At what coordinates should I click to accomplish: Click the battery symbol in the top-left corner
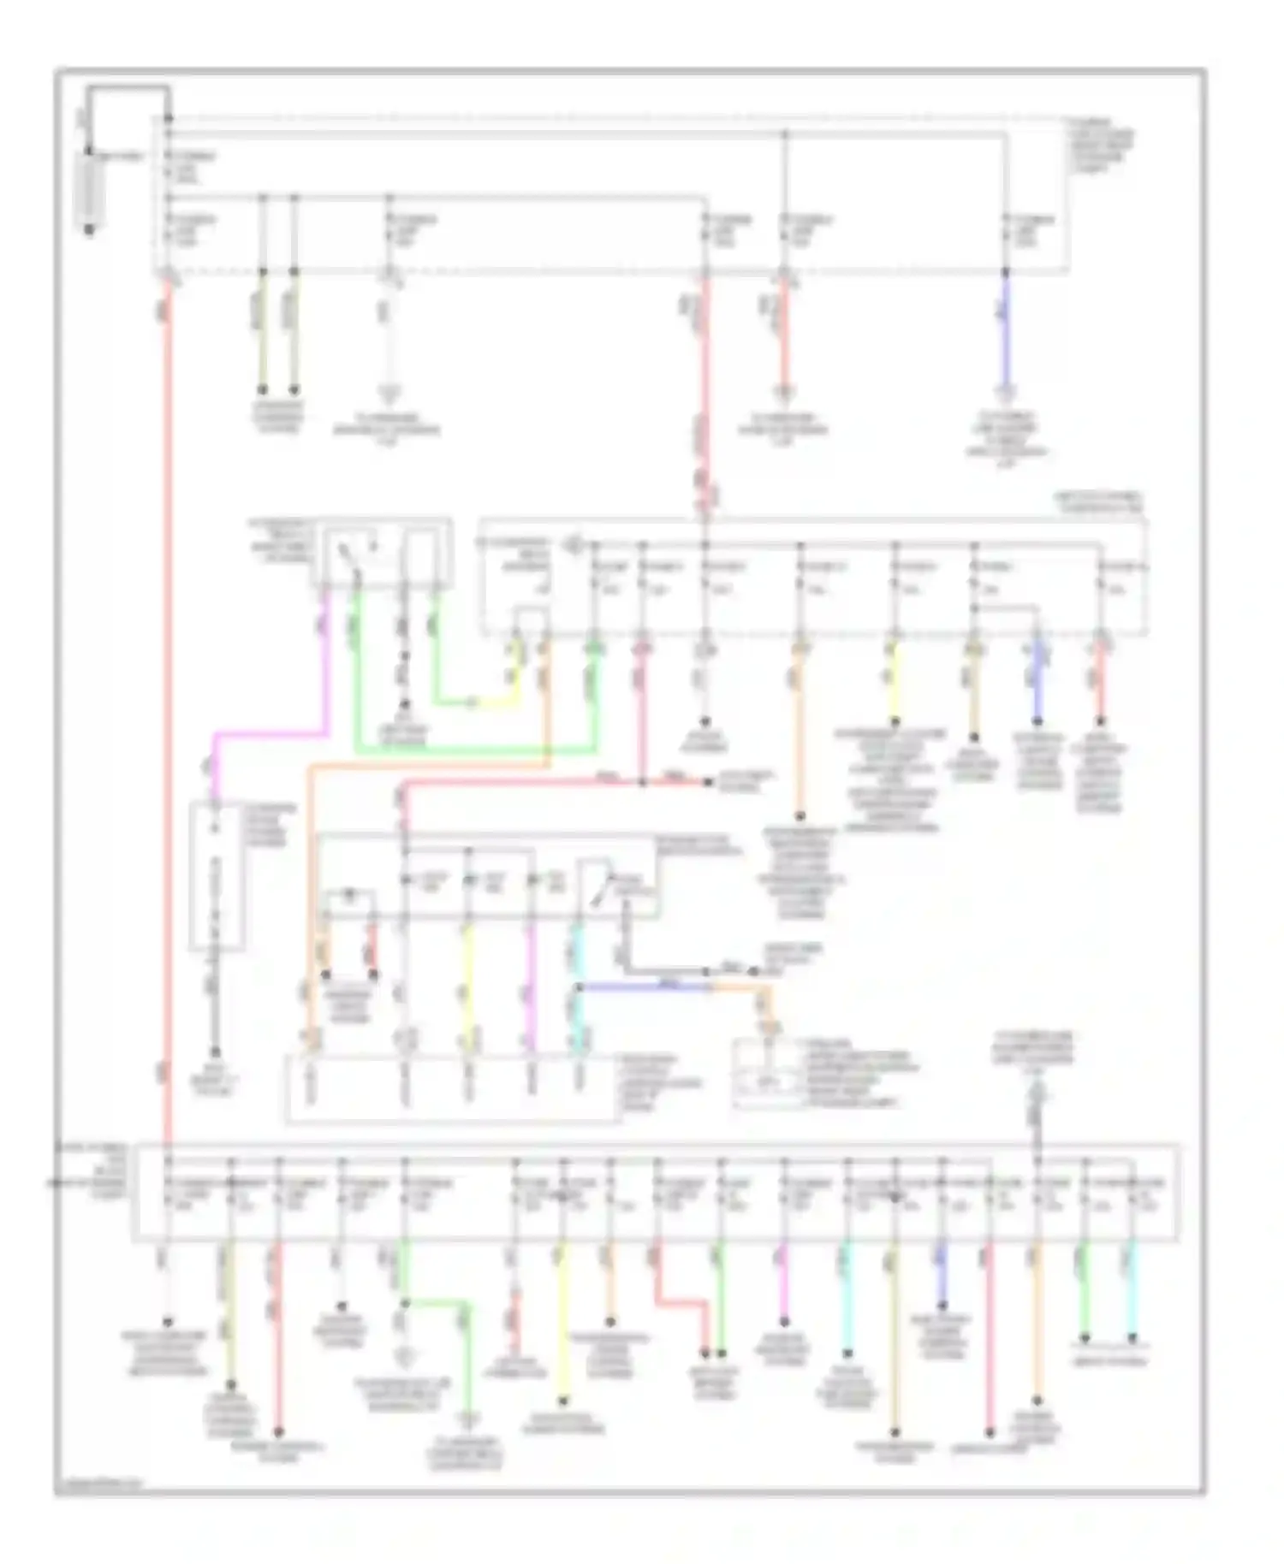pyautogui.click(x=89, y=190)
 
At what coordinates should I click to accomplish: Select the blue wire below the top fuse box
pyautogui.click(x=1007, y=334)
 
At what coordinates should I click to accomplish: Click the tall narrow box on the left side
pyautogui.click(x=217, y=877)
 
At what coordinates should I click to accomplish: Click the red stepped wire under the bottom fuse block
pyautogui.click(x=681, y=1302)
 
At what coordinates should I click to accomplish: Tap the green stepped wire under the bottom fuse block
pyautogui.click(x=437, y=1305)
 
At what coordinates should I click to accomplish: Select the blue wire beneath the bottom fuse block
pyautogui.click(x=942, y=1275)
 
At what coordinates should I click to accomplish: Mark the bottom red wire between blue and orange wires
pyautogui.click(x=990, y=1343)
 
